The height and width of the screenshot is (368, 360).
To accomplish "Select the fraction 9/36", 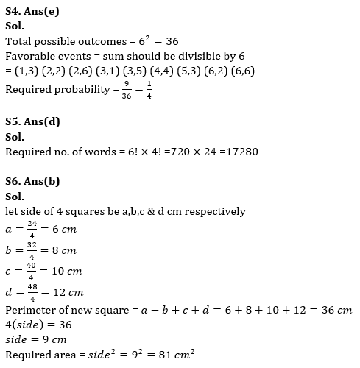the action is coord(125,91).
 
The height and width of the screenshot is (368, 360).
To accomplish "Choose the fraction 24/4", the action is coord(30,229).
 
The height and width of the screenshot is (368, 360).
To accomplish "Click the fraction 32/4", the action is coord(30,250).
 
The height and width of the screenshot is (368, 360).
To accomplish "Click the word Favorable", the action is coord(32,57).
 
